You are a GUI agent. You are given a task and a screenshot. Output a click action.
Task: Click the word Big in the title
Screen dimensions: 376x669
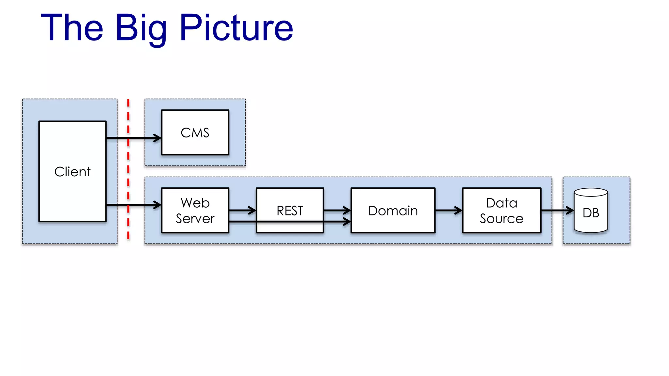click(141, 29)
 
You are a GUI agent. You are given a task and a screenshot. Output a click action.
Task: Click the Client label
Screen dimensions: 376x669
click(72, 172)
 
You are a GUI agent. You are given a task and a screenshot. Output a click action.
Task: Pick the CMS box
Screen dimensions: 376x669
click(195, 133)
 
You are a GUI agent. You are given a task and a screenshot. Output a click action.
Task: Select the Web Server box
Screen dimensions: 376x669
click(195, 210)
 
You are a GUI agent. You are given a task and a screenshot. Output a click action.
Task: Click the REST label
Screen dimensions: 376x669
click(290, 211)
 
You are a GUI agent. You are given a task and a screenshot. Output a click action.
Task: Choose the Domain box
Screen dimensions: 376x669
click(393, 211)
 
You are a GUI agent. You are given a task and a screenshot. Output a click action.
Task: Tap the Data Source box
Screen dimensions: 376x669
click(501, 211)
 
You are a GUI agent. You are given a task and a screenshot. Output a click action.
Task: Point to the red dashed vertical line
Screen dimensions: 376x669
click(128, 170)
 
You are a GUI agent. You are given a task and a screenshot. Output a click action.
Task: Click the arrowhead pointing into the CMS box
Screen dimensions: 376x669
click(158, 138)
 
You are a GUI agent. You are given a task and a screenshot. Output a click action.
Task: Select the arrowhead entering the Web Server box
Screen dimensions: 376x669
click(158, 205)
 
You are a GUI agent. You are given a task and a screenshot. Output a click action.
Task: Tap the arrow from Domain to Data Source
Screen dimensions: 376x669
click(449, 211)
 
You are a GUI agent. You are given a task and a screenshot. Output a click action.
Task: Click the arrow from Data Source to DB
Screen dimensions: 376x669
click(557, 211)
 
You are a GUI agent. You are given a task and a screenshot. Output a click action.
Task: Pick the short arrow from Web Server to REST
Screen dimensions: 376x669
click(242, 211)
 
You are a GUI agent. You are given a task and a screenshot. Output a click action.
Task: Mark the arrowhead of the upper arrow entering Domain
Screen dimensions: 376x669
click(347, 211)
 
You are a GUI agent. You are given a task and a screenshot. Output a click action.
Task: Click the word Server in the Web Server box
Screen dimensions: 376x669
click(195, 219)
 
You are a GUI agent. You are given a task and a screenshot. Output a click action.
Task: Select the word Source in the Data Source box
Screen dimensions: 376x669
click(501, 219)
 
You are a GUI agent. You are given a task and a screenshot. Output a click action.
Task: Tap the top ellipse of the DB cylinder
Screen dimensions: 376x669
click(591, 192)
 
